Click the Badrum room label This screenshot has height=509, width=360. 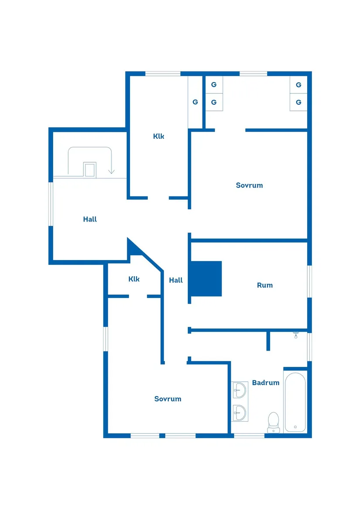[x=265, y=383]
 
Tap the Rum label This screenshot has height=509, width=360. [x=264, y=285]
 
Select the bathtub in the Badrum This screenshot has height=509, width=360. [x=295, y=402]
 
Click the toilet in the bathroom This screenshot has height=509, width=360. [x=274, y=421]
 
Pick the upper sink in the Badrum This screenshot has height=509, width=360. [x=240, y=389]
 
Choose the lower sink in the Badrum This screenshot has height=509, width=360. [x=240, y=412]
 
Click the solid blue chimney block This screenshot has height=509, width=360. [x=206, y=278]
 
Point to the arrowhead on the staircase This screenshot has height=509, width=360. [x=112, y=171]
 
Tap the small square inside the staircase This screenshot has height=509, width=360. [x=90, y=169]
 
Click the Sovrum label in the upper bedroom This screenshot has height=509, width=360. [x=249, y=185]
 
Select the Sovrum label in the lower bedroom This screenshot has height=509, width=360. [x=168, y=399]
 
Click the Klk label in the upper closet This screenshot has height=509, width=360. [x=158, y=136]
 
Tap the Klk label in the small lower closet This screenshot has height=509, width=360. [x=134, y=279]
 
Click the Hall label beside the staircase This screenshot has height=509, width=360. [x=90, y=219]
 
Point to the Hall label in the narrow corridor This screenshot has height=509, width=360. [x=176, y=280]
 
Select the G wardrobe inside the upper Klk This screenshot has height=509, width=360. [x=195, y=102]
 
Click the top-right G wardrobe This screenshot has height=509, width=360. [x=298, y=85]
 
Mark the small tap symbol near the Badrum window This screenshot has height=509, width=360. [x=296, y=335]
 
